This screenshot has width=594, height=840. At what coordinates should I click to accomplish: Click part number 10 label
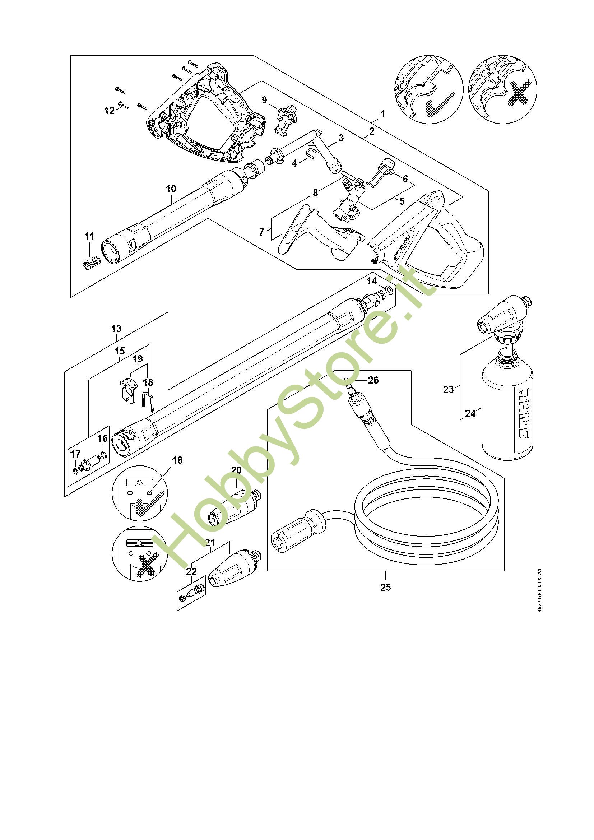[171, 189]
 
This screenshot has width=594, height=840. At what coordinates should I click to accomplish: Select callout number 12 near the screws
[110, 111]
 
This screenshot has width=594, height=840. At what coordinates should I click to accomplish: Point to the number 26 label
[373, 380]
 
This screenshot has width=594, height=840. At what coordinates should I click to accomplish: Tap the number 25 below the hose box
[385, 587]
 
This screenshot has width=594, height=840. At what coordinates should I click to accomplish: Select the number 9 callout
[264, 100]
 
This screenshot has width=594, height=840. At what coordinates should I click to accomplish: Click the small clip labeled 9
[284, 119]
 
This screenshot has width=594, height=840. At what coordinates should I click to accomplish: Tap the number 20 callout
[236, 470]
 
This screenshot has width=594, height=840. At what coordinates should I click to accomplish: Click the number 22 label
[191, 571]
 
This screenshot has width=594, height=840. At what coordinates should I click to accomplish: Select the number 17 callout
[75, 454]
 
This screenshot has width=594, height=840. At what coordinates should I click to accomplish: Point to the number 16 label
[102, 438]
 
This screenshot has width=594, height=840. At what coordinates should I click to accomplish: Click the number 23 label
[448, 390]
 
